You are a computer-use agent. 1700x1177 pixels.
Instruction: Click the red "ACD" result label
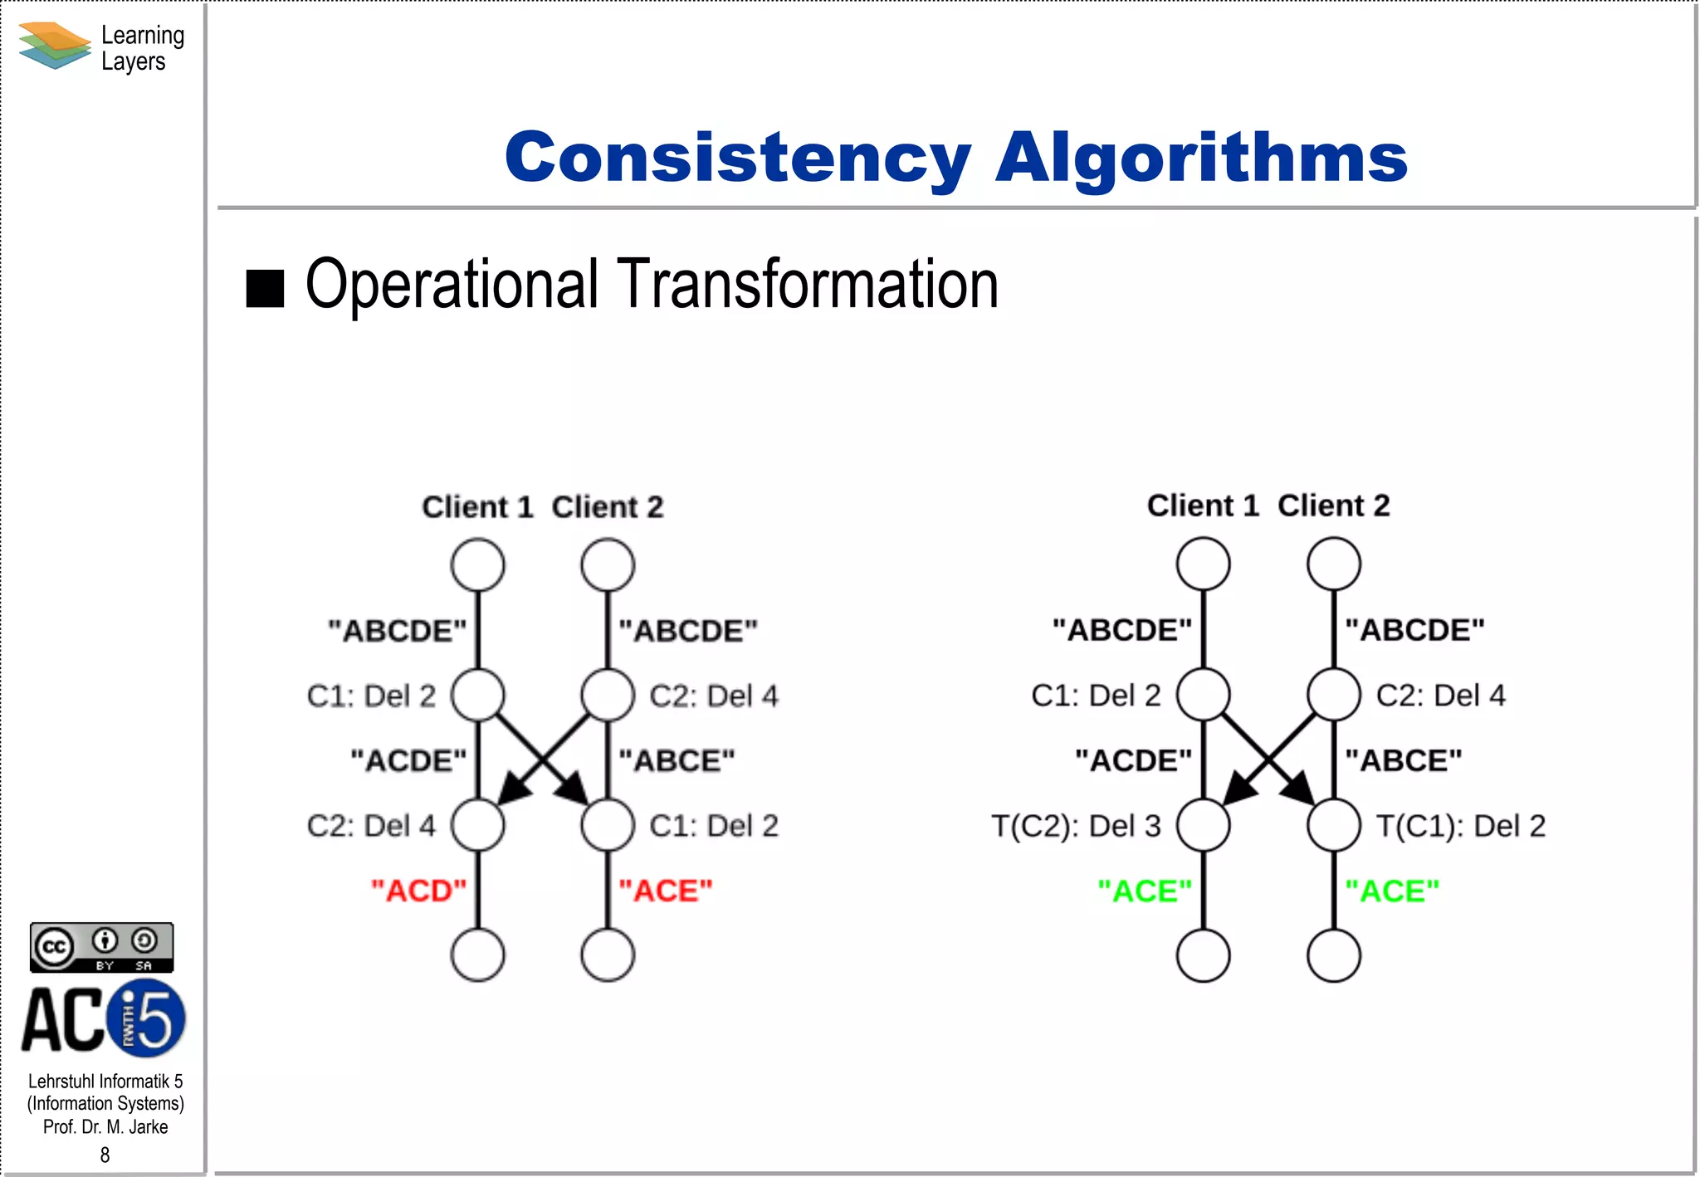[418, 891]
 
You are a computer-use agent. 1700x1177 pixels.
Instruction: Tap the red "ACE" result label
[666, 891]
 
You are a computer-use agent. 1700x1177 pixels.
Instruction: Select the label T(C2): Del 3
[1076, 826]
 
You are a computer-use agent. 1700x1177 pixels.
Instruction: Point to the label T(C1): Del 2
[1461, 826]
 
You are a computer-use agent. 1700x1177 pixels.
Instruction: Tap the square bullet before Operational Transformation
[266, 289]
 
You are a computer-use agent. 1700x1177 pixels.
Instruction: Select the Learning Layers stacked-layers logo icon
[54, 46]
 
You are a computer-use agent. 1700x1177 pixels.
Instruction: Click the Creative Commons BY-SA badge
[101, 947]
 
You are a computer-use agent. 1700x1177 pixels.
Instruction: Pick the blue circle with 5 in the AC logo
[148, 1018]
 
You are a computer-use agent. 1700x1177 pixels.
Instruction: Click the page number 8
[105, 1155]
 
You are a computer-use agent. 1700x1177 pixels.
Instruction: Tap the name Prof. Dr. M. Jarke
[105, 1127]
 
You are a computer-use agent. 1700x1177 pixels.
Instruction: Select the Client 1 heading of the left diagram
[477, 506]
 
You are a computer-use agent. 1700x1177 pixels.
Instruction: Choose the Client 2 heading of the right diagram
[1333, 505]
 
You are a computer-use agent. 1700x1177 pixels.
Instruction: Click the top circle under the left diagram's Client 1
[477, 565]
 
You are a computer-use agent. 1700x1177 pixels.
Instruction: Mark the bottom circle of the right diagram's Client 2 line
[1333, 955]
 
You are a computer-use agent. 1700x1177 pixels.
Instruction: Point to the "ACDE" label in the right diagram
[1133, 760]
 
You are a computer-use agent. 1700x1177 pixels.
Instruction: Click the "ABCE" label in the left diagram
[677, 760]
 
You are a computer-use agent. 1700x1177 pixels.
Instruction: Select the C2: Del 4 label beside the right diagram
[1440, 696]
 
